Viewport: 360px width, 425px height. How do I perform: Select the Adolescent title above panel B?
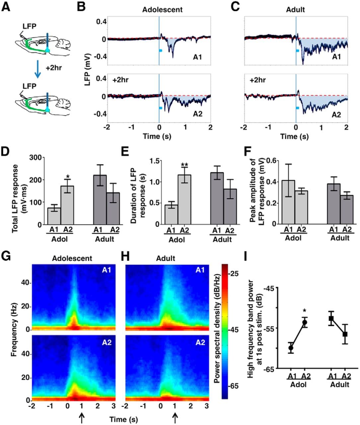tap(162, 9)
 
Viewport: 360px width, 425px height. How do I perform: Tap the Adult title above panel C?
tap(296, 9)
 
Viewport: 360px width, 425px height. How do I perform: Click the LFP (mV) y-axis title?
tap(88, 67)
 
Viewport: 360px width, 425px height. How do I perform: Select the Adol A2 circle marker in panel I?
tap(305, 322)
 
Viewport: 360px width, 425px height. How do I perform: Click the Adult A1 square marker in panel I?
tap(331, 318)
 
